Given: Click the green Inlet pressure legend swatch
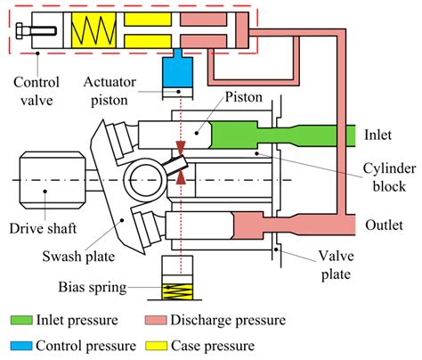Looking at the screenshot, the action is point(21,320).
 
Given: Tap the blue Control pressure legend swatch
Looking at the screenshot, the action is point(21,346).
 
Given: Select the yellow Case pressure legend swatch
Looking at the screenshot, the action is point(157,346).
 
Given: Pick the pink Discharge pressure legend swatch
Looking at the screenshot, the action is point(156,320).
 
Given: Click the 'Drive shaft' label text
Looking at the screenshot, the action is point(43,228).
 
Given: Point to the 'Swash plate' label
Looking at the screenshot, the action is point(78,256).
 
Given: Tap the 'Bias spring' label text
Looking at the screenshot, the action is point(93,287).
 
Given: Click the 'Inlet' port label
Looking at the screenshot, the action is point(377,135).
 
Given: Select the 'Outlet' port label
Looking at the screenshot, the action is point(384,225).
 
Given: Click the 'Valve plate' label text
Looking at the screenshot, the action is point(337,265).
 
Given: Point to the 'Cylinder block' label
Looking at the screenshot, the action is point(389,177).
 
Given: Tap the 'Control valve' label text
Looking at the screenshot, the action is point(37,91).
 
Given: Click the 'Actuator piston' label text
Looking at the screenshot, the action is point(110,91).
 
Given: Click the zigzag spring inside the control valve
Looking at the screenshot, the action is point(93,30).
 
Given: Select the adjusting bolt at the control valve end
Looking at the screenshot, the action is point(37,30).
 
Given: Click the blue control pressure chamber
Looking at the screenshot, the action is point(177,70).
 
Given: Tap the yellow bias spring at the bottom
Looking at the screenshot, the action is point(177,291).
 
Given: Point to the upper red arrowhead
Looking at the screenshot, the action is point(181,147).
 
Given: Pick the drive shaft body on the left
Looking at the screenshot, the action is point(53,180).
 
